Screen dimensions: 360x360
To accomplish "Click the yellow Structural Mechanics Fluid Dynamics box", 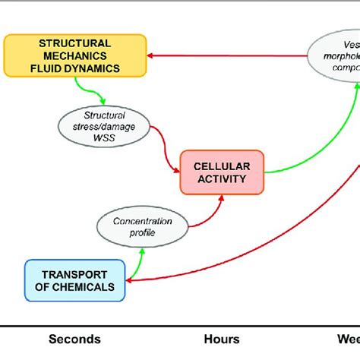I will (74, 55).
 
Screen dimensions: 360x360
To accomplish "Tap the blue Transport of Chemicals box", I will (75, 280).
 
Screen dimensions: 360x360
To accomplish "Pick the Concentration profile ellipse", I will (144, 226).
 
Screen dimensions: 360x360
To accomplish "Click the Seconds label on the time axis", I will (74, 339).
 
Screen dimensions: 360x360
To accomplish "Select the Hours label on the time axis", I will (222, 339).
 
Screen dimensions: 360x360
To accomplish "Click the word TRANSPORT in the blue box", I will (74, 273).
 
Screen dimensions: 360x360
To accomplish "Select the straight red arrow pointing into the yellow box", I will (228, 55).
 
